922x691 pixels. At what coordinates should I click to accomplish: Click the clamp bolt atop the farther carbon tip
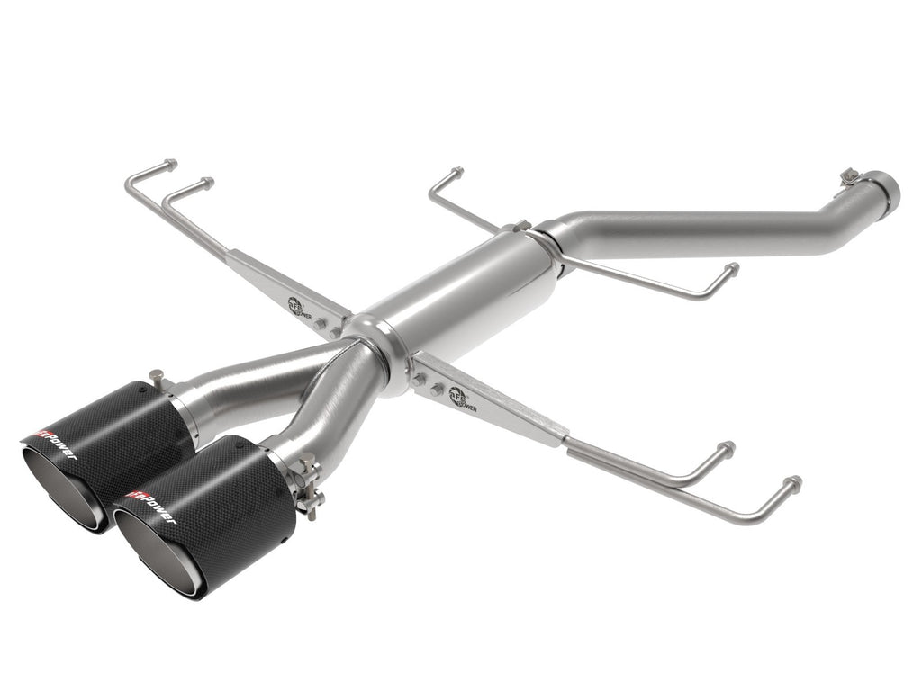(158, 377)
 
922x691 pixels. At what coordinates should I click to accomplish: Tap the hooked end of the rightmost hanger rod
(792, 484)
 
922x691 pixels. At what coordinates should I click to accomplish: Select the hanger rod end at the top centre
(456, 172)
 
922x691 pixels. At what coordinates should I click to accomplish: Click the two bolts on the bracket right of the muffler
(428, 385)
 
